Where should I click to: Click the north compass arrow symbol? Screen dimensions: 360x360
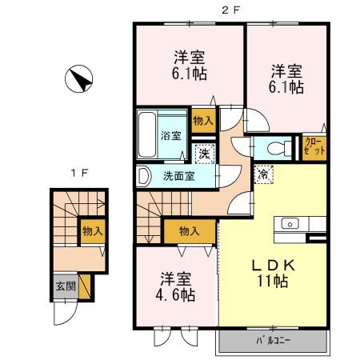(x=80, y=79)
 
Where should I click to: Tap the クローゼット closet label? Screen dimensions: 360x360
(x=314, y=146)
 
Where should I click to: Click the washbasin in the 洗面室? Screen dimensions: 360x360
(x=144, y=174)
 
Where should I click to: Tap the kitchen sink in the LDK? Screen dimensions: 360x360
(x=290, y=223)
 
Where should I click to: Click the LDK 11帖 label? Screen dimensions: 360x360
(x=271, y=271)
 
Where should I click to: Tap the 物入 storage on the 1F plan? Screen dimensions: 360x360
(x=92, y=230)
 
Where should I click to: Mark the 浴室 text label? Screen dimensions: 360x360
(x=171, y=134)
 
